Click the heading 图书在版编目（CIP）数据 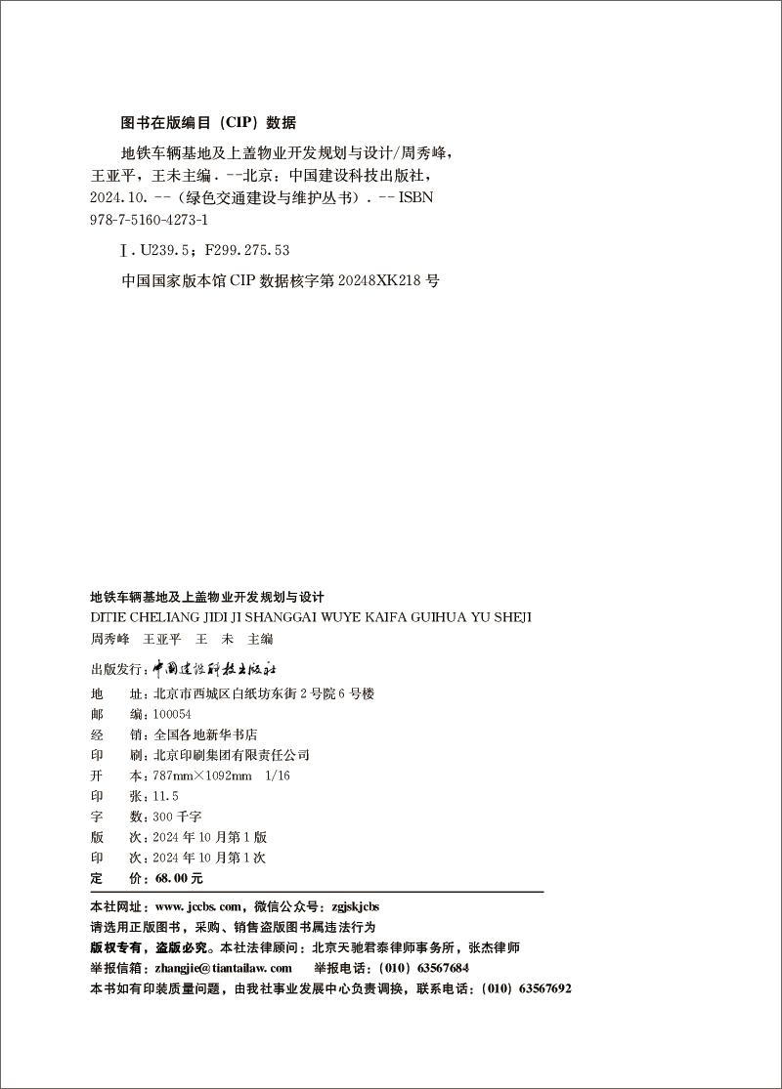[207, 123]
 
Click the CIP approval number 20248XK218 [381, 279]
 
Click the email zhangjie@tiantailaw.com [224, 967]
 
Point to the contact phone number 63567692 [542, 987]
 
